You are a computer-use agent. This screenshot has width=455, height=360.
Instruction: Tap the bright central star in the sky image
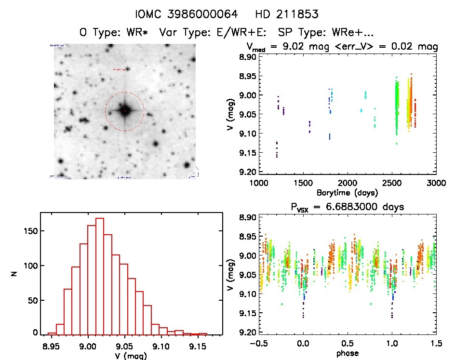(124, 111)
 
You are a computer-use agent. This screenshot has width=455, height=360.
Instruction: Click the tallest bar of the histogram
(100, 276)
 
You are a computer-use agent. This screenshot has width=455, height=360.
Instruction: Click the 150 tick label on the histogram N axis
(28, 231)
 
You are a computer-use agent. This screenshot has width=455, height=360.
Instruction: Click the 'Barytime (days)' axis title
(347, 192)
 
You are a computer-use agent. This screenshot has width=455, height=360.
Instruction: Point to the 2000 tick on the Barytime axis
(348, 183)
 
